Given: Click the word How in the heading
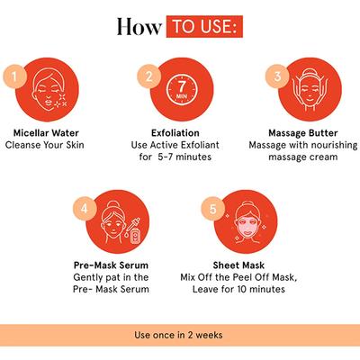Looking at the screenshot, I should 139,27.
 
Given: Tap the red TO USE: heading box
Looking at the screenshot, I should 203,27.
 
